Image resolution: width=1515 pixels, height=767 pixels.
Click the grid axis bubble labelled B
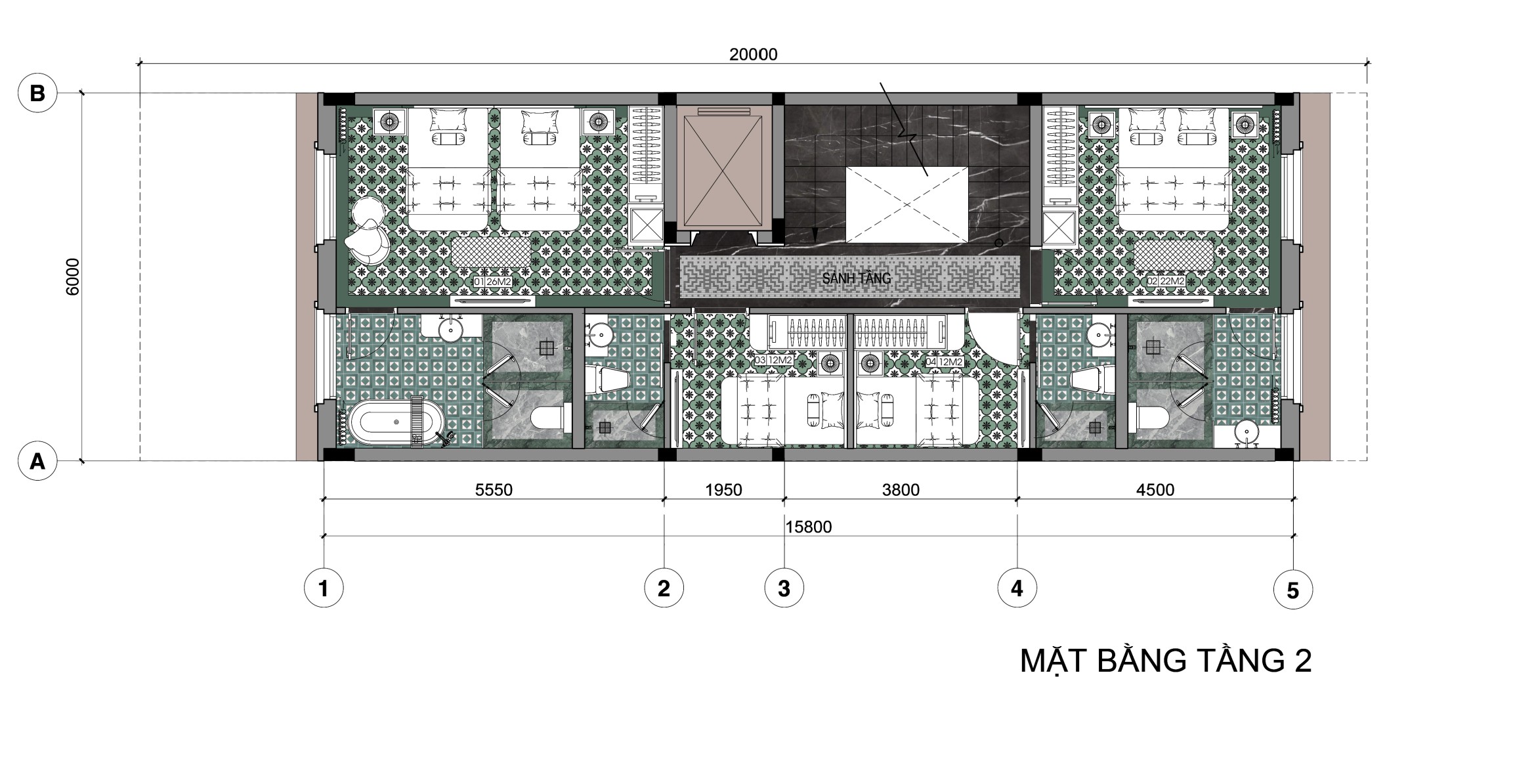coord(37,94)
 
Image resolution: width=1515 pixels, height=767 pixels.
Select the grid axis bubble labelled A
coord(37,462)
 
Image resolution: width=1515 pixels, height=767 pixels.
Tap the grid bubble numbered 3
coord(784,588)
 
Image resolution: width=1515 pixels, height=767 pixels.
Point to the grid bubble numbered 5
coord(1292,590)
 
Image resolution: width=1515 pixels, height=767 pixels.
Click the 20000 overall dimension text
coord(753,55)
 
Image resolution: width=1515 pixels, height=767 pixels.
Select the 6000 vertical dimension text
coord(72,276)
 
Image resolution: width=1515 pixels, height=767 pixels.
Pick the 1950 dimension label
coord(723,490)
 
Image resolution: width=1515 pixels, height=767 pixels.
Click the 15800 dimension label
coord(808,527)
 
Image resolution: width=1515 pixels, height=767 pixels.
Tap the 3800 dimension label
coord(901,490)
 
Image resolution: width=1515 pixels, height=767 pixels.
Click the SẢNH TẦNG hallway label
coord(856,278)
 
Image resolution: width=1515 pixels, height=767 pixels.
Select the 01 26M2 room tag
coord(492,282)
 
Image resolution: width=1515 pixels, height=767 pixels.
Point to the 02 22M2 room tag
coord(1166,281)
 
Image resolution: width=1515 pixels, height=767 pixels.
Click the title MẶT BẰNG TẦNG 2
coord(1165,661)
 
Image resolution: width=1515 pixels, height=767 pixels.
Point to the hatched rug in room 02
coord(1174,253)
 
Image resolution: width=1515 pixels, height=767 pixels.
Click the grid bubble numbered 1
coord(324,588)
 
